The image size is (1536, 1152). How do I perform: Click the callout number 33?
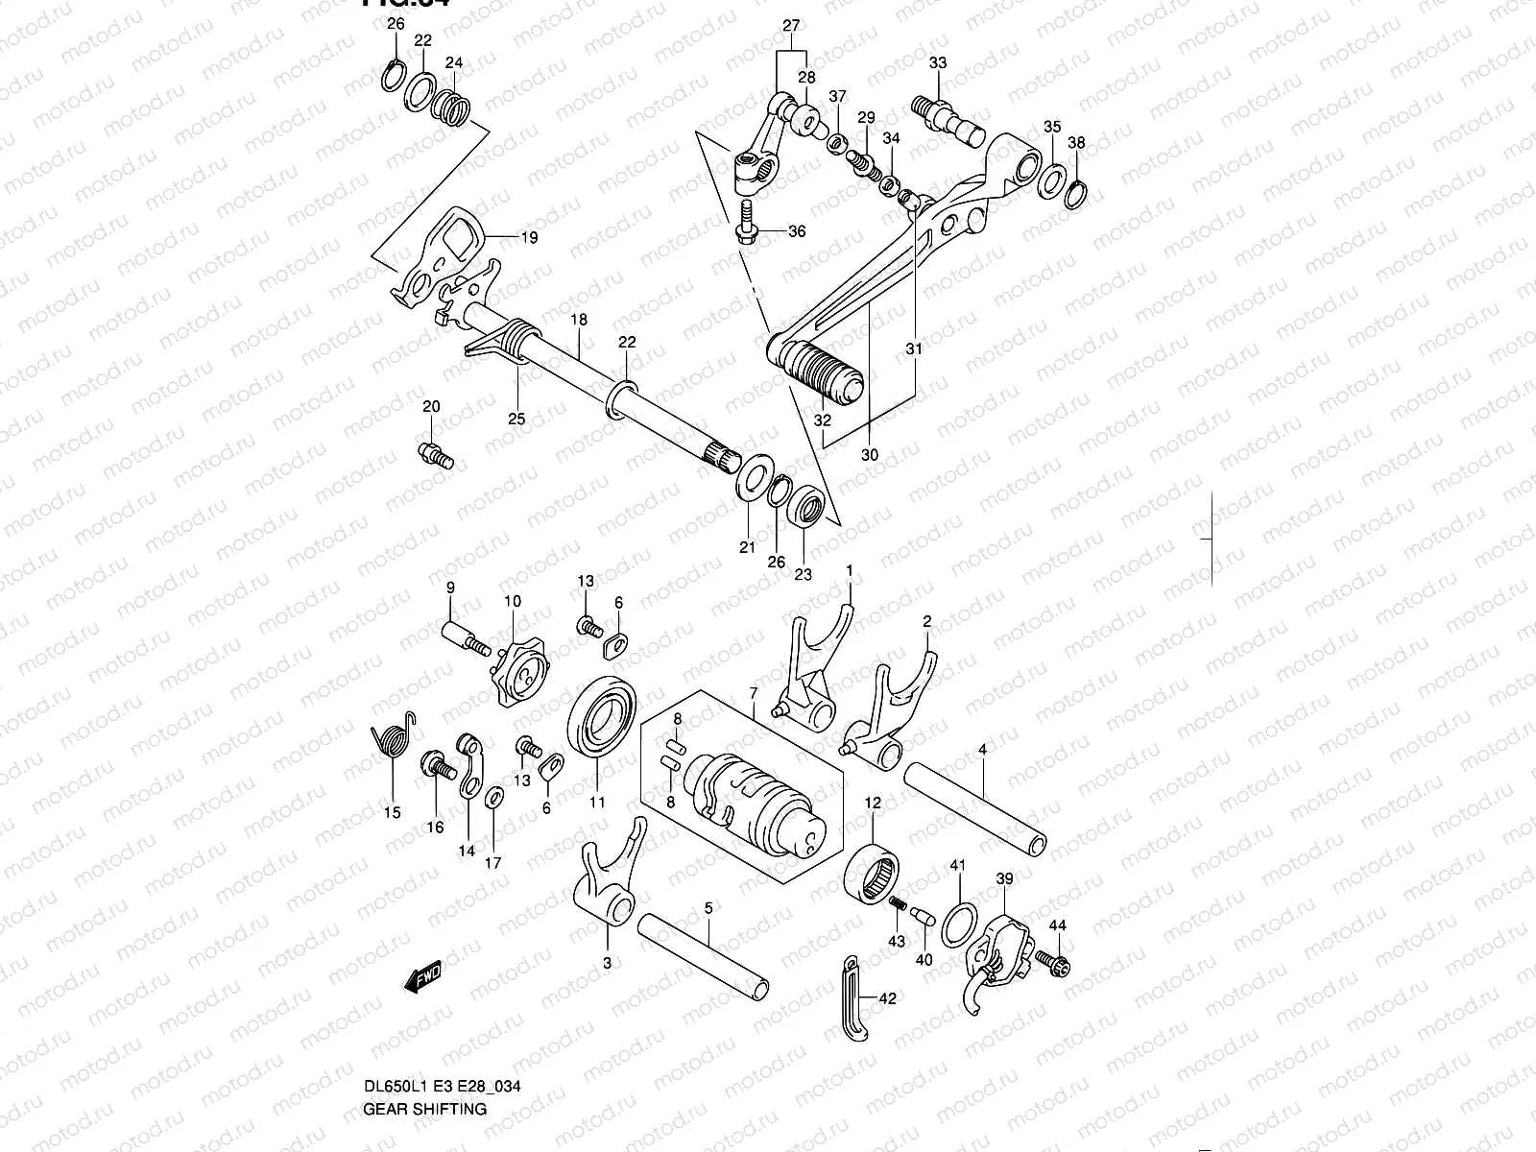pyautogui.click(x=938, y=63)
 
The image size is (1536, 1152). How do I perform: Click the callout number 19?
pyautogui.click(x=529, y=237)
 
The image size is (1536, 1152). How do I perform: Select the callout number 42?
pyautogui.click(x=887, y=999)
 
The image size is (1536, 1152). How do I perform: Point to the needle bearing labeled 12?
pyautogui.click(x=871, y=872)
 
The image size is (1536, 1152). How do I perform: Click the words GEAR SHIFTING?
pyautogui.click(x=424, y=1109)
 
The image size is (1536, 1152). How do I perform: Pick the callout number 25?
pyautogui.click(x=516, y=419)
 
